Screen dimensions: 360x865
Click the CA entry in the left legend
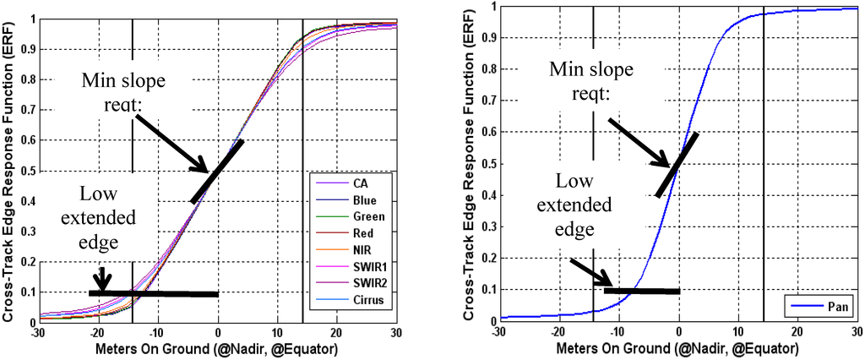click(x=359, y=182)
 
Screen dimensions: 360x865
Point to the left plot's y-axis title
click(x=9, y=169)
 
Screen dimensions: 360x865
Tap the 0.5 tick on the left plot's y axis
click(x=27, y=172)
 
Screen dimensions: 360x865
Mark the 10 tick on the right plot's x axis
click(x=738, y=333)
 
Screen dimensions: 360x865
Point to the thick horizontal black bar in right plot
click(x=642, y=291)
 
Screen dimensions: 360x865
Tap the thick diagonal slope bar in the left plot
click(x=217, y=172)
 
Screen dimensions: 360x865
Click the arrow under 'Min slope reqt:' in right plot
click(x=638, y=141)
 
